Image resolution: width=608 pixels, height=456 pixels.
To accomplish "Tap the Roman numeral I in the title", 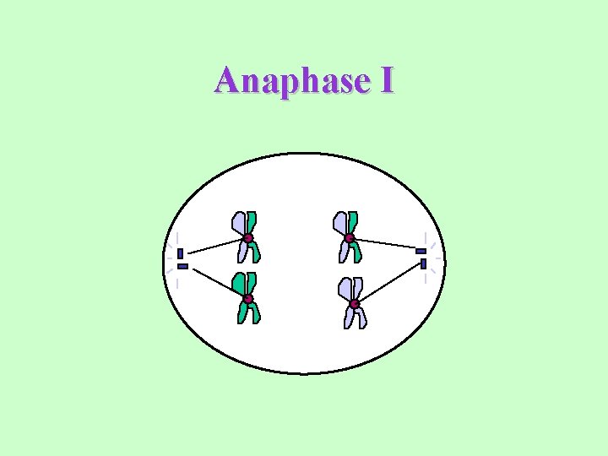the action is point(387,82).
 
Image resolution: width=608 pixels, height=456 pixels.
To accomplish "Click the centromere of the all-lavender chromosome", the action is point(354,303).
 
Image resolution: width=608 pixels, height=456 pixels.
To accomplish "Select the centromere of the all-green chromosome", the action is point(247,299).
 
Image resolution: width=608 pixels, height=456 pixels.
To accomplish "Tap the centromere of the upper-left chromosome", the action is point(248,238).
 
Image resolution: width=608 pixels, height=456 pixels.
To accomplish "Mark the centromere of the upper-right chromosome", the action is point(349,237).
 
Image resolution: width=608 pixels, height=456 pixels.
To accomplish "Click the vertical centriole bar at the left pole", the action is point(180,253).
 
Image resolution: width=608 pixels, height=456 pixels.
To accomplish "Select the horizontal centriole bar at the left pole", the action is point(182,266).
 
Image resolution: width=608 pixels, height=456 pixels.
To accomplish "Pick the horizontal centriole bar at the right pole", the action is point(421,251).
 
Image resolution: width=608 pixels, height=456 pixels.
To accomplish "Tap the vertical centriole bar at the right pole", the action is point(423,263).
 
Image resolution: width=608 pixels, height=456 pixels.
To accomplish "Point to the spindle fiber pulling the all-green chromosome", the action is point(215,283).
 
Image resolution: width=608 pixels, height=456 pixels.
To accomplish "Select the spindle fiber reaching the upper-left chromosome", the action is point(215,246).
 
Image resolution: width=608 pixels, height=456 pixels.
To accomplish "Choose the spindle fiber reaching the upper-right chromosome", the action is point(384,244).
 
